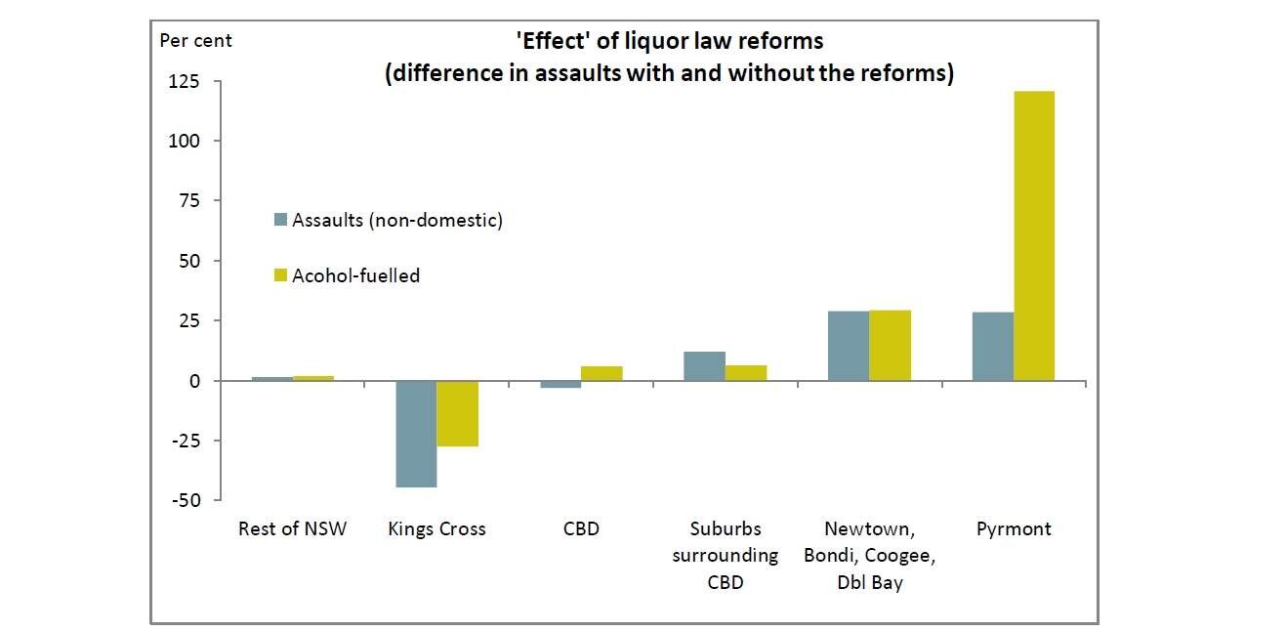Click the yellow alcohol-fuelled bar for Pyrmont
coord(1034,235)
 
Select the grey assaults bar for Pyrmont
coord(993,346)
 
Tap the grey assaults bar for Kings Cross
coord(415,434)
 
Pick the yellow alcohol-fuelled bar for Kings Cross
coord(457,413)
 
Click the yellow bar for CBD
coord(602,373)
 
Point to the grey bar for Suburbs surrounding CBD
coord(704,366)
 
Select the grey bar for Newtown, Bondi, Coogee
coord(849,346)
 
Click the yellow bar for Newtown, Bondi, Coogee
coord(890,346)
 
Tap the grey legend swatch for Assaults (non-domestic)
coord(281,221)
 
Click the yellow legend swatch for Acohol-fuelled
coord(281,276)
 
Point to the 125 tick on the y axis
coord(183,81)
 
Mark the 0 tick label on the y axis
coord(193,381)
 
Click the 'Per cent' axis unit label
coord(195,41)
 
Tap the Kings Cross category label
coord(436,529)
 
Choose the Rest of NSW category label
coord(292,529)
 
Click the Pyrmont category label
coord(1014,529)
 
